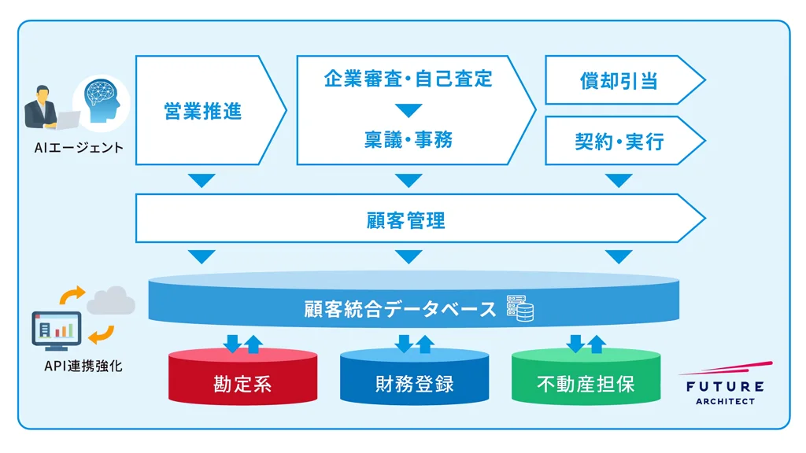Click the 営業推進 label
pos(202,111)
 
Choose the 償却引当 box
pos(619,80)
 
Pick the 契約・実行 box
pos(619,142)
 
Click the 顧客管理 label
pos(406,220)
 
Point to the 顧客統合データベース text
pos(400,308)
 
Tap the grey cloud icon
pos(110,300)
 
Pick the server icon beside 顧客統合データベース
pos(519,308)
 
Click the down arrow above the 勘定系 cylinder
pos(233,343)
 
